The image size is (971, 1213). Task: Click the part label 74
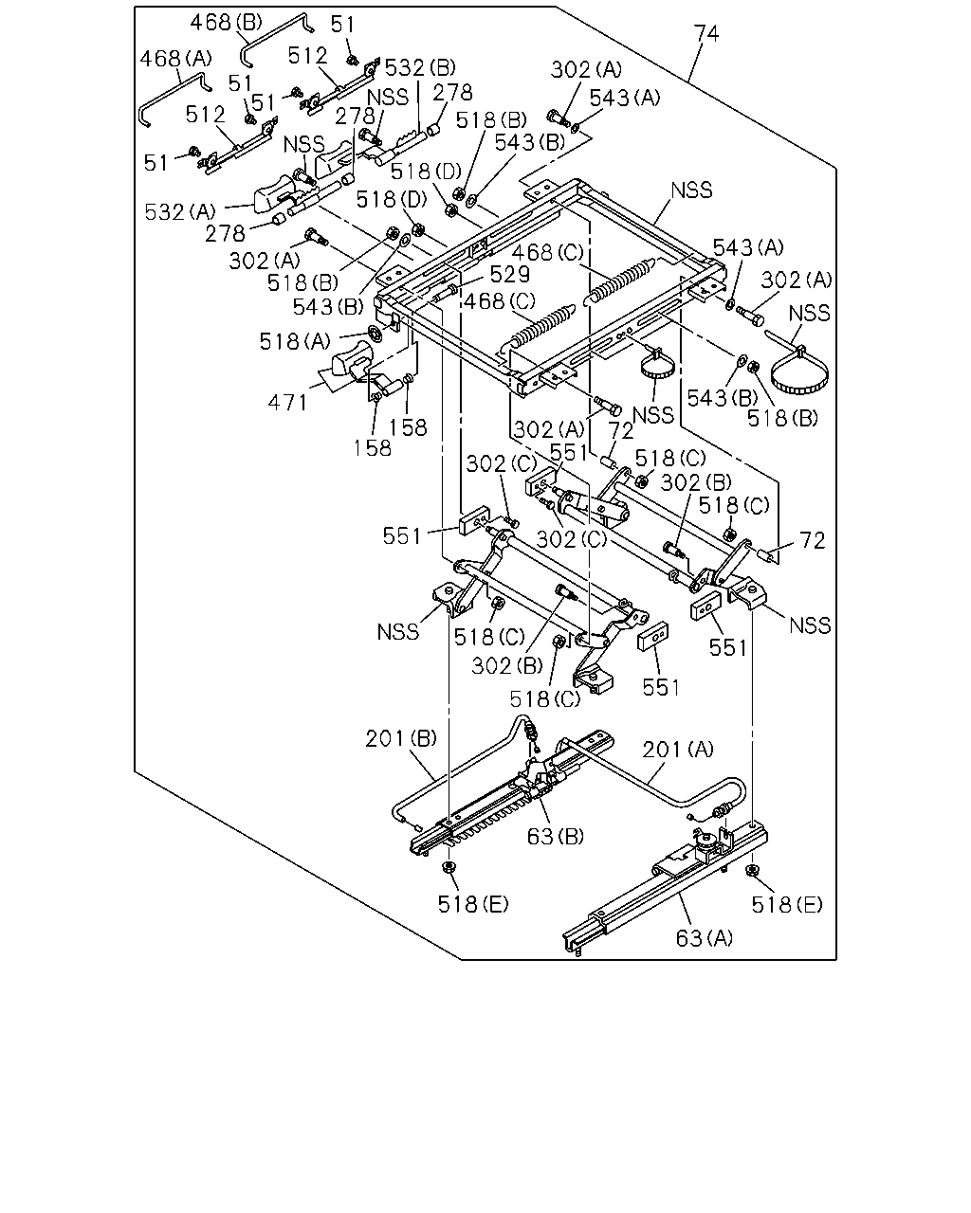[706, 34]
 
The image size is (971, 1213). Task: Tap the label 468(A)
[175, 59]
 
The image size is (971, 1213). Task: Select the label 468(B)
[226, 23]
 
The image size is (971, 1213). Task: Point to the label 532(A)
[180, 212]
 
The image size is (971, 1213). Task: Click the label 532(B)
[420, 67]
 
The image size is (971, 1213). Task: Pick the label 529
[509, 275]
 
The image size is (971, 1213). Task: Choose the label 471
[287, 403]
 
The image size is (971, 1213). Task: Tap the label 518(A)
[295, 341]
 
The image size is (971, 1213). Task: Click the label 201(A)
[678, 750]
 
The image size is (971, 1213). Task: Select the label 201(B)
[401, 738]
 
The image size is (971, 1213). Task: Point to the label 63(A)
[705, 938]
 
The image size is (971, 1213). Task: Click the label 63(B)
[555, 837]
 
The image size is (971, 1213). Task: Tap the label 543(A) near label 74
[625, 98]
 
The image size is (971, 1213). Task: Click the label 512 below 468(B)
[307, 56]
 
